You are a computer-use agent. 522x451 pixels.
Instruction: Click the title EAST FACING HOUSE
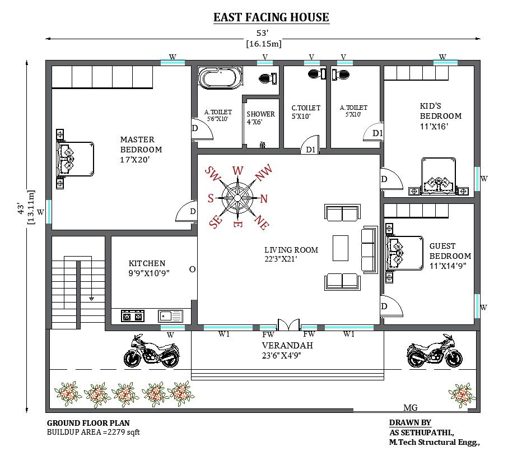pyautogui.click(x=271, y=17)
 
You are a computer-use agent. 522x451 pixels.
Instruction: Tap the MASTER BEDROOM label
pyautogui.click(x=141, y=149)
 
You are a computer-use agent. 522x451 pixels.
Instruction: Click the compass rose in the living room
pyautogui.click(x=237, y=197)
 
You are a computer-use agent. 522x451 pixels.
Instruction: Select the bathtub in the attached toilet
pyautogui.click(x=220, y=77)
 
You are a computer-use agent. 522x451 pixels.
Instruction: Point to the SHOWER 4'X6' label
pyautogui.click(x=260, y=118)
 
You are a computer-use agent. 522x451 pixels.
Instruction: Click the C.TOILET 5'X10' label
pyautogui.click(x=306, y=112)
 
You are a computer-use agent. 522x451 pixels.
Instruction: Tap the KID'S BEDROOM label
pyautogui.click(x=441, y=115)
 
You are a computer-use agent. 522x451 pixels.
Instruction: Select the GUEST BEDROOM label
pyautogui.click(x=450, y=255)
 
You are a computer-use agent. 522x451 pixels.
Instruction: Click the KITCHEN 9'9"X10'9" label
pyautogui.click(x=148, y=268)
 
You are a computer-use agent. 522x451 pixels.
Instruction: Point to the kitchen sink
pyautogui.click(x=171, y=316)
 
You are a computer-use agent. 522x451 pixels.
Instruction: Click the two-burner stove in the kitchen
pyautogui.click(x=133, y=316)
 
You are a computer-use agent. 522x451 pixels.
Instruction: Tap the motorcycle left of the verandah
pyautogui.click(x=151, y=351)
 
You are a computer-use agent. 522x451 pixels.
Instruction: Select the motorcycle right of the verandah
pyautogui.click(x=435, y=351)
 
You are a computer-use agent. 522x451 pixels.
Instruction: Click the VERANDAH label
pyautogui.click(x=287, y=350)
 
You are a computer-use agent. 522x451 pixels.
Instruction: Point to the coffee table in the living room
pyautogui.click(x=340, y=248)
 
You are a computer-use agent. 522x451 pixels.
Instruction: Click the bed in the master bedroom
pyautogui.click(x=74, y=159)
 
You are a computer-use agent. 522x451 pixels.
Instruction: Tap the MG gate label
pyautogui.click(x=410, y=408)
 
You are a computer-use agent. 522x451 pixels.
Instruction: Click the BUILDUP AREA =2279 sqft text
pyautogui.click(x=94, y=432)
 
